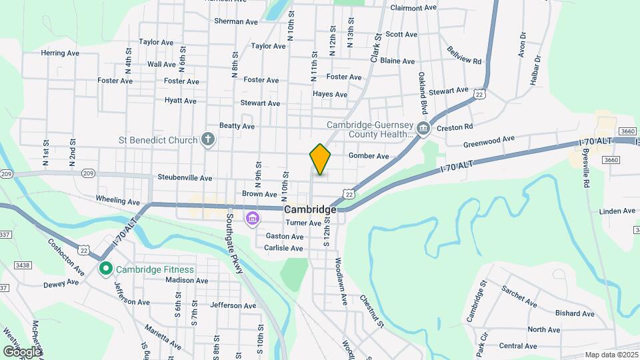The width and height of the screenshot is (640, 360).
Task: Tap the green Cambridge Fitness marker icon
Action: coord(105,269)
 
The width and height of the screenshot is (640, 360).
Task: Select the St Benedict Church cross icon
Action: coord(208,140)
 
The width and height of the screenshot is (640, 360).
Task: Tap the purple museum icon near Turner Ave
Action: coord(252,219)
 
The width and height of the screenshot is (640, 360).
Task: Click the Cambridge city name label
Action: coord(311,209)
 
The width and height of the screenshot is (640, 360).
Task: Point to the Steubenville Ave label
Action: coord(185,178)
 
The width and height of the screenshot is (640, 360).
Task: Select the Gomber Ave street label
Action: coord(369,156)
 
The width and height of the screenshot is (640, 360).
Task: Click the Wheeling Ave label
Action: coord(118,200)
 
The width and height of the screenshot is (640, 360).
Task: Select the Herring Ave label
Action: coord(60,53)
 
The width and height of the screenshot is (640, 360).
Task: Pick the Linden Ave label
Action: coord(617,211)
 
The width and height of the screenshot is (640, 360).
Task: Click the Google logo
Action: coord(22,351)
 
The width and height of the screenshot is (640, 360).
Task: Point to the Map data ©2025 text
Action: coord(610,355)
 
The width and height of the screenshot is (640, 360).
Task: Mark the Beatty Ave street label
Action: coord(237,125)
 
